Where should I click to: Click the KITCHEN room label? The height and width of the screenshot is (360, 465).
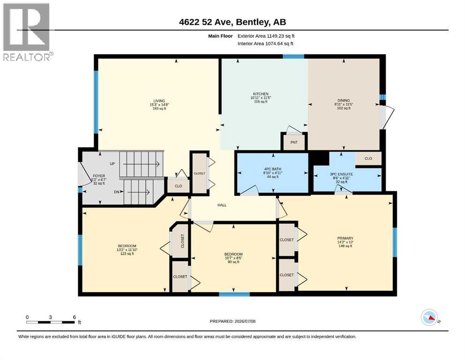click(x=261, y=94)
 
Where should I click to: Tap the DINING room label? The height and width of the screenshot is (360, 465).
click(x=343, y=100)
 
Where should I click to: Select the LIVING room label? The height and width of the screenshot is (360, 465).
click(x=159, y=101)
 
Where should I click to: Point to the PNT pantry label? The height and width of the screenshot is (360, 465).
click(x=294, y=142)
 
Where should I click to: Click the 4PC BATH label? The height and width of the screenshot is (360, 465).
click(x=273, y=169)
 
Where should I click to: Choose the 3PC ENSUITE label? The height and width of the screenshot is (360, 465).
click(x=341, y=174)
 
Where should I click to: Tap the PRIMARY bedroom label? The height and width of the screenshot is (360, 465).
click(x=345, y=238)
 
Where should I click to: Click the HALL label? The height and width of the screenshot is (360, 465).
click(x=222, y=205)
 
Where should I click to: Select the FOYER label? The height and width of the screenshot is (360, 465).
click(x=99, y=176)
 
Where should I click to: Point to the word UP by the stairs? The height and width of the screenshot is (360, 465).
click(x=112, y=164)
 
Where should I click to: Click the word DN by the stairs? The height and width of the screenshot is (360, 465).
click(x=117, y=192)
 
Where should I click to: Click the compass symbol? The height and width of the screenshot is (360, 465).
click(x=429, y=317)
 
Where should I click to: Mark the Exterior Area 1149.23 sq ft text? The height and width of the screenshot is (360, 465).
click(x=266, y=36)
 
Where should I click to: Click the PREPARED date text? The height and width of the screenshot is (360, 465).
click(x=232, y=321)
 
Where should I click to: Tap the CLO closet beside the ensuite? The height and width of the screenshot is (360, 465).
click(x=369, y=158)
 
